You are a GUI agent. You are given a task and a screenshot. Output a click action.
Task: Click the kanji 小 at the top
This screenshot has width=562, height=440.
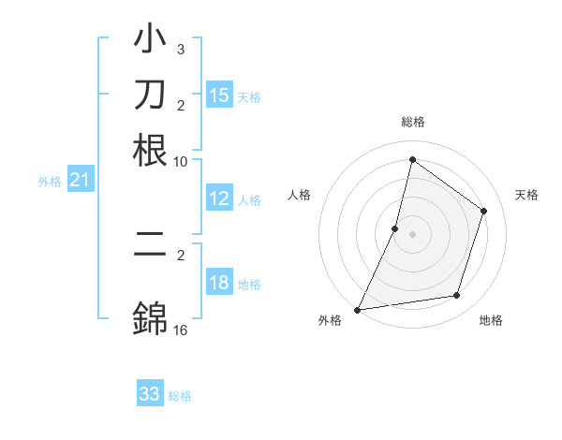click(x=150, y=42)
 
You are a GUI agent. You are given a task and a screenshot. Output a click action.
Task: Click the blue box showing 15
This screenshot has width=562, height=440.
click(x=219, y=95)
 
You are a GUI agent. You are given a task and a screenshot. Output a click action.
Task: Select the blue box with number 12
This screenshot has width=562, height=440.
click(x=219, y=198)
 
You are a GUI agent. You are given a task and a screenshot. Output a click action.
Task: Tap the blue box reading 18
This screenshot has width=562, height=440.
click(x=219, y=284)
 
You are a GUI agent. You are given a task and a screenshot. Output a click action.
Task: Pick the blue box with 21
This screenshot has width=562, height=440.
click(x=80, y=181)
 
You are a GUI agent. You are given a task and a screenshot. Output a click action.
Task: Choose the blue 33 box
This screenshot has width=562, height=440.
click(x=150, y=394)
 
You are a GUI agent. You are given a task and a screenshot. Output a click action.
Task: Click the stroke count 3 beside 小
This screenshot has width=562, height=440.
click(x=181, y=49)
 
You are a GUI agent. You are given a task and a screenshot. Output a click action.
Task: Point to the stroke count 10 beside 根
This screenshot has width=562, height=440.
click(x=181, y=161)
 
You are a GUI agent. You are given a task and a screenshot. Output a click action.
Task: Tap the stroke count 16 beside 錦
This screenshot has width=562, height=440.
click(x=181, y=330)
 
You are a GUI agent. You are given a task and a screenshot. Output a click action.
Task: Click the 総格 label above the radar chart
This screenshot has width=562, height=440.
click(x=412, y=123)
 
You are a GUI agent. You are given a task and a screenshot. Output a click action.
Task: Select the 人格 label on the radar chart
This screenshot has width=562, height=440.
click(x=299, y=195)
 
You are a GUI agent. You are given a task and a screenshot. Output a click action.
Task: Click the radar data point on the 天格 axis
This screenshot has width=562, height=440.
click(x=484, y=211)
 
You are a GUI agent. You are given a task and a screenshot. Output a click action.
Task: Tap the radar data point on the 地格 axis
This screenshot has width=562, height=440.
click(x=457, y=296)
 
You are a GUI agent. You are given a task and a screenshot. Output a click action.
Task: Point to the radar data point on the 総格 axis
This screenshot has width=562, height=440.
click(x=412, y=160)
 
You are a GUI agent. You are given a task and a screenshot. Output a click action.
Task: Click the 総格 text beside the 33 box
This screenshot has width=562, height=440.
click(x=180, y=396)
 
